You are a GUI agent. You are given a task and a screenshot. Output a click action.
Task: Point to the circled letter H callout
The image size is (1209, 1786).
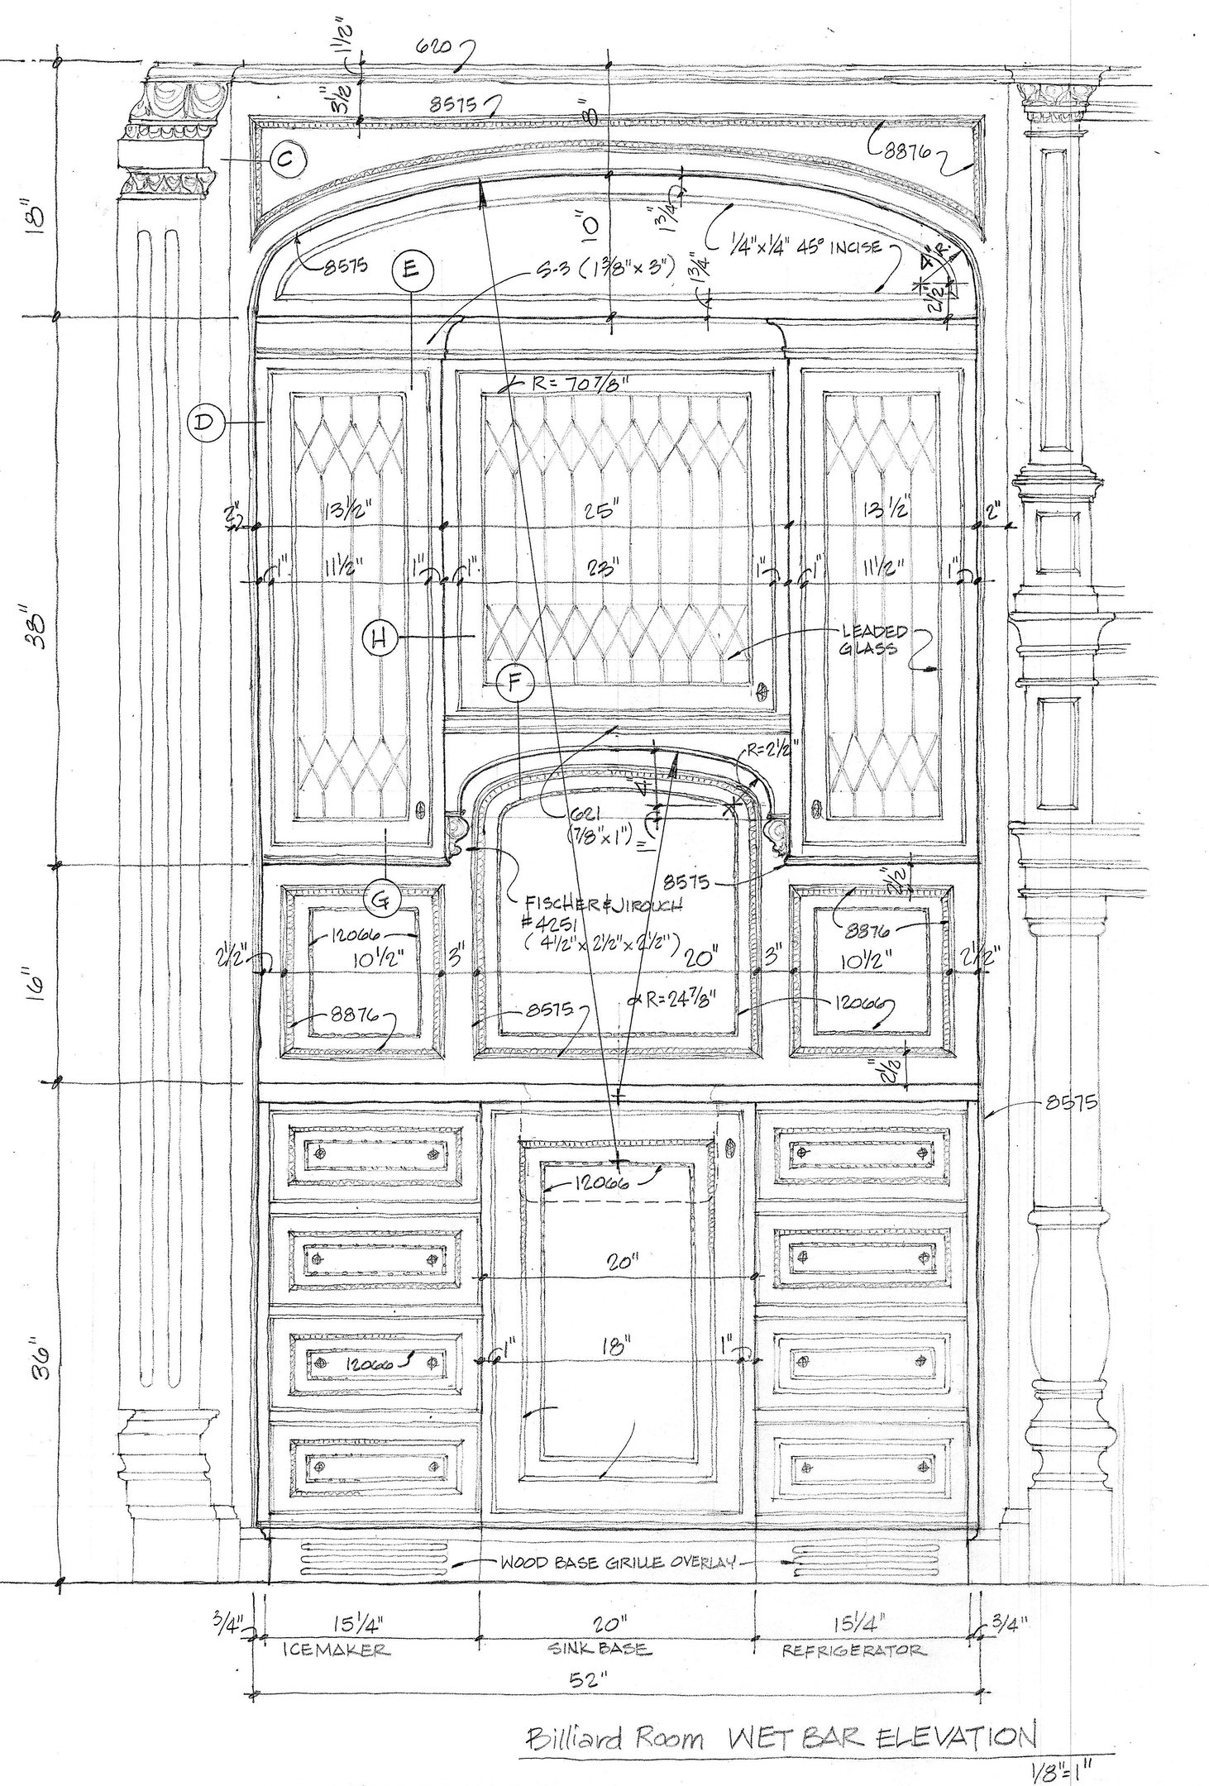380,637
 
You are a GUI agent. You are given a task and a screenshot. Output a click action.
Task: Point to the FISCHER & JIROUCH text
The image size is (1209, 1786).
597,905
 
